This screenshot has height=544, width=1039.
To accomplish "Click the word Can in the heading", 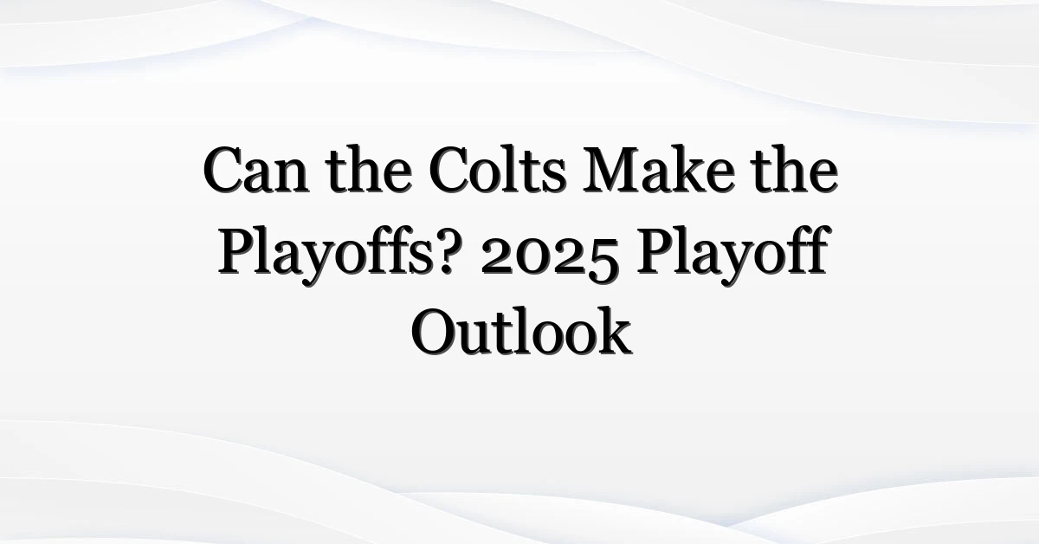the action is (255, 170).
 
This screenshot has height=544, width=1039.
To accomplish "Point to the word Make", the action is (659, 168).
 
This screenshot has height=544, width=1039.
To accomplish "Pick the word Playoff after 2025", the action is (732, 253).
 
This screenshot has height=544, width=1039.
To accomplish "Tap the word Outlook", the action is (521, 331).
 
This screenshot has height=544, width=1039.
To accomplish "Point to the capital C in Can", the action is (225, 170).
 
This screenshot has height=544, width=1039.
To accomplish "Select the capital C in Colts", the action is (450, 170).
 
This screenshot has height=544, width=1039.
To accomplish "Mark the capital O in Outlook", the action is (435, 333).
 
